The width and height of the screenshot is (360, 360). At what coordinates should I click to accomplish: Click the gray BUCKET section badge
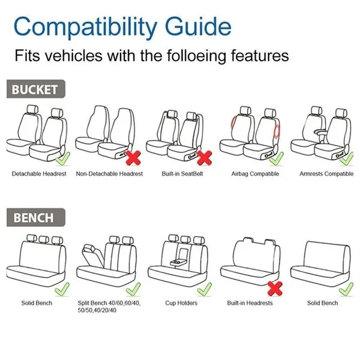point(36,89)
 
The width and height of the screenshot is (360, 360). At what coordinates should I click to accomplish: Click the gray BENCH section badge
point(36,217)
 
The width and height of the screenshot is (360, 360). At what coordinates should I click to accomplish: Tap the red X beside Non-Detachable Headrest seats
point(133,158)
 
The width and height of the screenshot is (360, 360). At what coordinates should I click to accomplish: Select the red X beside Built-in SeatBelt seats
point(204,158)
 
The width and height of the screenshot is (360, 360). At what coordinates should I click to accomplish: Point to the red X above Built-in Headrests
point(275,288)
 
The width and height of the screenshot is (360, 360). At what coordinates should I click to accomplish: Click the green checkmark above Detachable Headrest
point(63,159)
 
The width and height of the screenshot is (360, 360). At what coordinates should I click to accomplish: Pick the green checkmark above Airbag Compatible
point(276,159)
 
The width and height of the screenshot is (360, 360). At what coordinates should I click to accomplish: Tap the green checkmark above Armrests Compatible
point(346,159)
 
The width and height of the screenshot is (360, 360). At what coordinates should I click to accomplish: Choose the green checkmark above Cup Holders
point(205,289)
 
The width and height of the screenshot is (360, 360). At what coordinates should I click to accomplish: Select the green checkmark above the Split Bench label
point(133,289)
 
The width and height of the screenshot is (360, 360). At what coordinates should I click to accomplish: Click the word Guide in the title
point(198,27)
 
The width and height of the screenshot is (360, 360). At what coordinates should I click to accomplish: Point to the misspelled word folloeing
point(196,56)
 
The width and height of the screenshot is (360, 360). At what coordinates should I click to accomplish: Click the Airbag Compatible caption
point(255,174)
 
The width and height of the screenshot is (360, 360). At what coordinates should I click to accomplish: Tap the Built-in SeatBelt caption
point(182,174)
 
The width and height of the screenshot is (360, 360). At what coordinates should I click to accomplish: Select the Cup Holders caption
point(181,303)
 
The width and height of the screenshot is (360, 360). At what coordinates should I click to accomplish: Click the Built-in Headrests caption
point(250,303)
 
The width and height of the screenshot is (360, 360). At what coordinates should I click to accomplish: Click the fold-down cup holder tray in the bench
point(177,262)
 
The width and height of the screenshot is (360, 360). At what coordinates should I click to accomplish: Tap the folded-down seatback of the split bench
point(92,255)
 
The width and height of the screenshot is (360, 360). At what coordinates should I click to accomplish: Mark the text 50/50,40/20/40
point(97,310)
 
